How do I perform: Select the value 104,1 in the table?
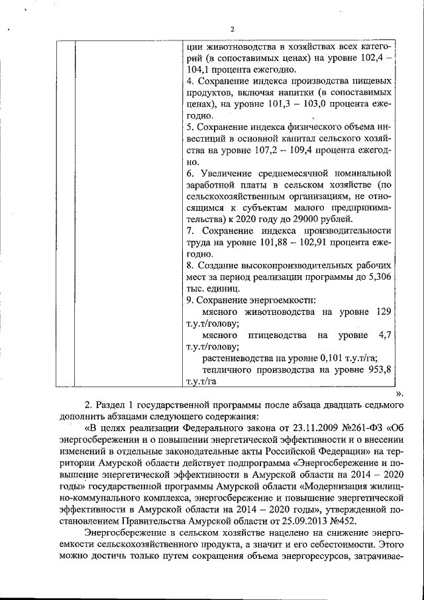click(199, 68)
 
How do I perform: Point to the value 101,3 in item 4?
click(297, 103)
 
